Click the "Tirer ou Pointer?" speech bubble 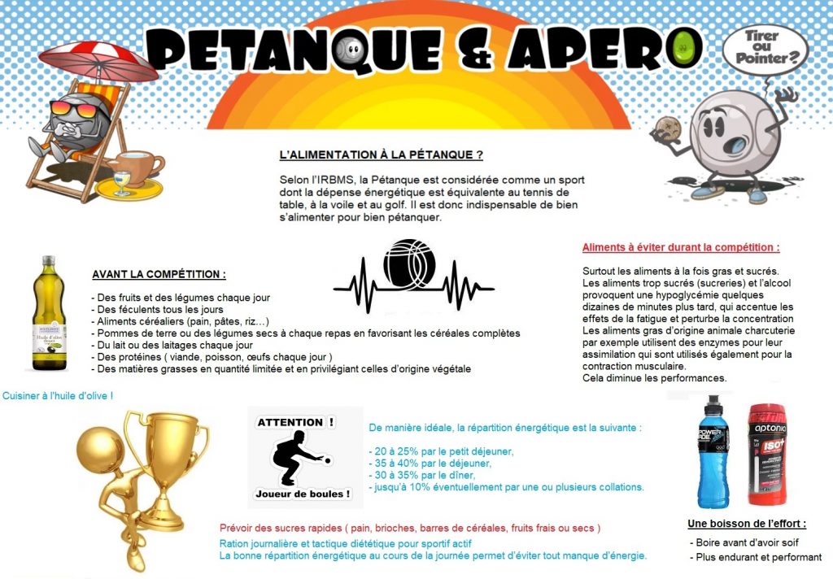(765, 49)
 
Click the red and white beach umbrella (98, 57)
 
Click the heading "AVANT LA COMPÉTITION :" (159, 274)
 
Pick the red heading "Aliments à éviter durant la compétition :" (681, 247)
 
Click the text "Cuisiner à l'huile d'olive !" (58, 395)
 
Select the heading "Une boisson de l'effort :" (747, 523)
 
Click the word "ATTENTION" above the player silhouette (290, 422)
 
